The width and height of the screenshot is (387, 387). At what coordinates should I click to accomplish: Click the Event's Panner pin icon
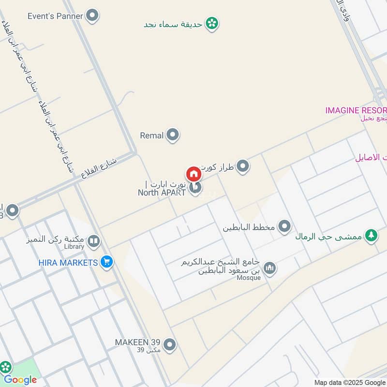(x=92, y=15)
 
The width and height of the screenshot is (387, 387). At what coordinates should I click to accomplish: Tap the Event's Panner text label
(x=55, y=15)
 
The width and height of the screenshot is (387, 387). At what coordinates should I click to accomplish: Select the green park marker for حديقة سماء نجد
(x=211, y=23)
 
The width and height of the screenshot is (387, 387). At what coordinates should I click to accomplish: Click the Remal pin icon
(x=172, y=135)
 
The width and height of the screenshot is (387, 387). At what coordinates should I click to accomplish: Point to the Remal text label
(x=151, y=136)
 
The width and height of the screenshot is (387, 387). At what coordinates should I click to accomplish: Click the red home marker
(x=193, y=174)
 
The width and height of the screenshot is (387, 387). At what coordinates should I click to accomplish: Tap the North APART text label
(x=162, y=193)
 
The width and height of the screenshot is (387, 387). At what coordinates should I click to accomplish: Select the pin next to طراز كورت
(x=243, y=166)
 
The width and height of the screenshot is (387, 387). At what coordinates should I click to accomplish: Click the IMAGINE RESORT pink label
(x=356, y=110)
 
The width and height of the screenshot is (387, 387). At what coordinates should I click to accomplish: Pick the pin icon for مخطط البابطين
(x=285, y=226)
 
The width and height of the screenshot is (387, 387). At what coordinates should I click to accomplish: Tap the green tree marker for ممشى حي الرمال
(x=371, y=236)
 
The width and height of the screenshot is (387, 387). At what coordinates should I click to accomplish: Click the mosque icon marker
(x=269, y=268)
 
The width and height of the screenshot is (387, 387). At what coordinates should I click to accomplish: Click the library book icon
(x=94, y=240)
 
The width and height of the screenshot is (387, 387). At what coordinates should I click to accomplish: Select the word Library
(x=74, y=247)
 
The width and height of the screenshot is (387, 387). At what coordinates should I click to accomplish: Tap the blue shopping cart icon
(x=107, y=263)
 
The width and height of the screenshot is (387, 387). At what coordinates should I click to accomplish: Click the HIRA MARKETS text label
(x=68, y=263)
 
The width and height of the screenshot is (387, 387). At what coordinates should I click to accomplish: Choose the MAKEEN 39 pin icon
(x=169, y=345)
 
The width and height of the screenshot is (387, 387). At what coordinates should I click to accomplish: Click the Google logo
(x=20, y=380)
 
